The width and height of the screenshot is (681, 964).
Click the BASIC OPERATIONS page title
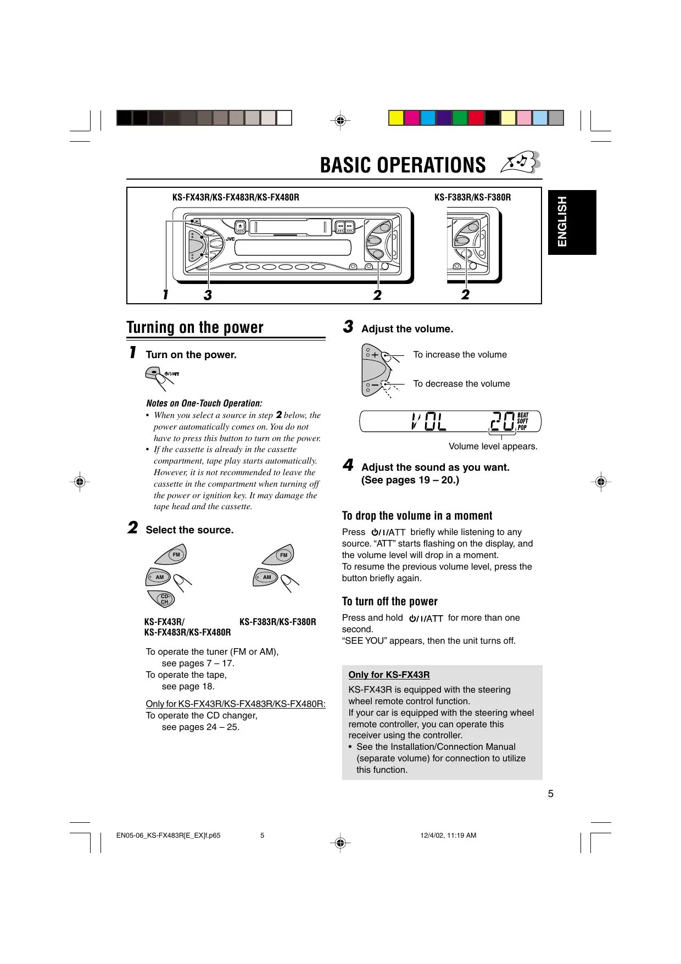(x=403, y=165)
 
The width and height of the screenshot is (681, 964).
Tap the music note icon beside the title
(x=521, y=163)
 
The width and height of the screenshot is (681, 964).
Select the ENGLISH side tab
(x=572, y=222)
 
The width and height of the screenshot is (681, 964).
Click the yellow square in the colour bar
(x=396, y=118)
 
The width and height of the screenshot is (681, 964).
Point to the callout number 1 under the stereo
(x=165, y=295)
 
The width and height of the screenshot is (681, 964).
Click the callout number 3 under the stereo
(x=208, y=296)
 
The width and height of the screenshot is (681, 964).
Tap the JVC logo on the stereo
(x=230, y=239)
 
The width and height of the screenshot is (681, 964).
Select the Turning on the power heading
(x=195, y=327)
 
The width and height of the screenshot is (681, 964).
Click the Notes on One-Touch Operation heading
(x=204, y=403)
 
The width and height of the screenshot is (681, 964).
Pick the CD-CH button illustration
(x=164, y=599)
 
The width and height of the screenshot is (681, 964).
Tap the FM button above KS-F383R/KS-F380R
(x=283, y=555)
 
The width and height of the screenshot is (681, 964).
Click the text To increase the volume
(x=460, y=355)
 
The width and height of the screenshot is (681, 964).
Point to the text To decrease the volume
(x=461, y=384)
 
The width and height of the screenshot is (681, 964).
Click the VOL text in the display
(x=428, y=422)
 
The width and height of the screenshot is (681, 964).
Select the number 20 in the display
(x=502, y=422)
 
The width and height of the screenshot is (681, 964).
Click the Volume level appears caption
(x=493, y=447)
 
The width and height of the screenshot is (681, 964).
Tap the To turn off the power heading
(x=389, y=601)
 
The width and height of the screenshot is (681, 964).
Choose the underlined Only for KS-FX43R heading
(x=389, y=675)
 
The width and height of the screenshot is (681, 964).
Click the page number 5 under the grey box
(x=551, y=794)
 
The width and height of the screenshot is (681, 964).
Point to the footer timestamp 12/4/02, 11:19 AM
(x=448, y=835)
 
